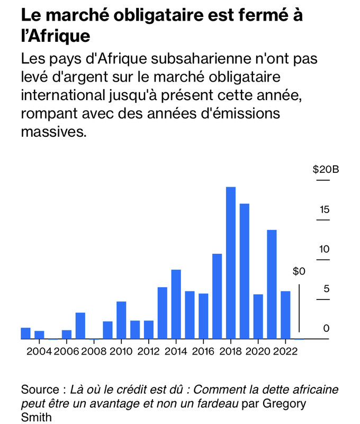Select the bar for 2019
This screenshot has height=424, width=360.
pyautogui.click(x=244, y=271)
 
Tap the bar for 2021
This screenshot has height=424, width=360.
pyautogui.click(x=272, y=284)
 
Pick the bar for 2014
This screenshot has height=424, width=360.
pyautogui.click(x=176, y=304)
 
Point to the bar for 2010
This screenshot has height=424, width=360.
pyautogui.click(x=121, y=320)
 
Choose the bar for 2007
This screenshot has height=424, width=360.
pyautogui.click(x=80, y=325)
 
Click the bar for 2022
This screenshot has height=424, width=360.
pyautogui.click(x=285, y=315)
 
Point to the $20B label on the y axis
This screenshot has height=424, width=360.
pyautogui.click(x=325, y=170)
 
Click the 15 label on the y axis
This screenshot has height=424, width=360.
pyautogui.click(x=324, y=210)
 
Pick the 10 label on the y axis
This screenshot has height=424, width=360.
pyautogui.click(x=324, y=250)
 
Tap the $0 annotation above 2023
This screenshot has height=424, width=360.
pyautogui.click(x=299, y=272)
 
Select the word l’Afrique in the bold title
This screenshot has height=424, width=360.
pyautogui.click(x=55, y=37)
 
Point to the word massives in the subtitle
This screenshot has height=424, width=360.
pyautogui.click(x=53, y=131)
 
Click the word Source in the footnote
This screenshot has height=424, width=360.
pyautogui.click(x=39, y=390)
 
